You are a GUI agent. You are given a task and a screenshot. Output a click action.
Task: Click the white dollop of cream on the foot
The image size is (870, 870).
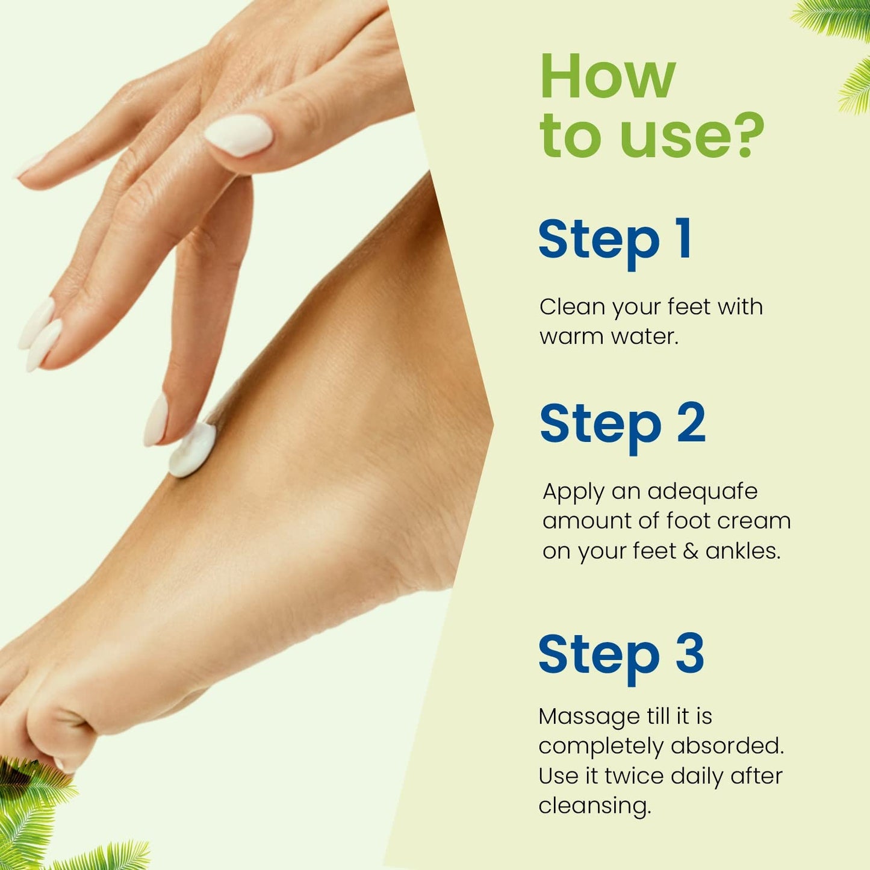click(x=191, y=450)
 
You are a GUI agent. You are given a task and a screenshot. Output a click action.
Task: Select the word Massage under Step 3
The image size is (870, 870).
click(x=580, y=716)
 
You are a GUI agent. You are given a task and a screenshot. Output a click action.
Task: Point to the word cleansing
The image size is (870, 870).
click(x=594, y=806)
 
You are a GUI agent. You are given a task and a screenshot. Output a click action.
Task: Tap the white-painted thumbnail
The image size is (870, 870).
click(x=238, y=135)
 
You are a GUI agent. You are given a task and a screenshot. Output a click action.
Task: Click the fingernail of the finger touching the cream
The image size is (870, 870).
click(x=156, y=420)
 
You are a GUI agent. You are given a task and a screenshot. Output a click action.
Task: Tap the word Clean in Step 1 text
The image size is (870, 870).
click(x=572, y=307)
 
